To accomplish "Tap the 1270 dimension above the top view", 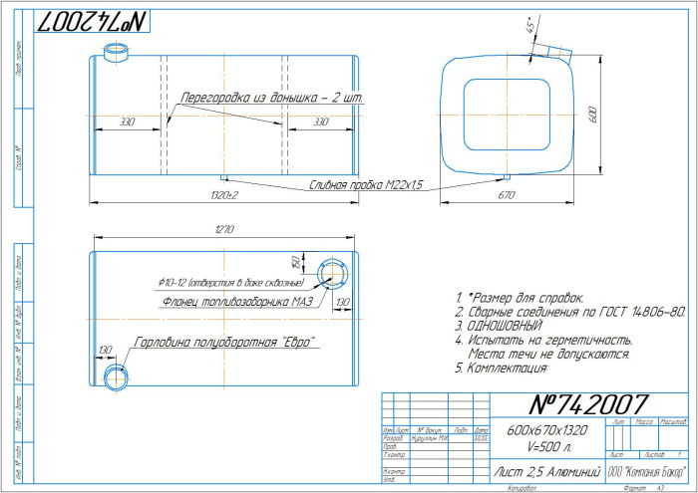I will tap(222, 231).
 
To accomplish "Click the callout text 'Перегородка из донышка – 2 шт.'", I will tap(271, 98).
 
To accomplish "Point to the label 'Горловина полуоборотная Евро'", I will tap(224, 343).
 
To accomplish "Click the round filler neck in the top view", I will tap(116, 376).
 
